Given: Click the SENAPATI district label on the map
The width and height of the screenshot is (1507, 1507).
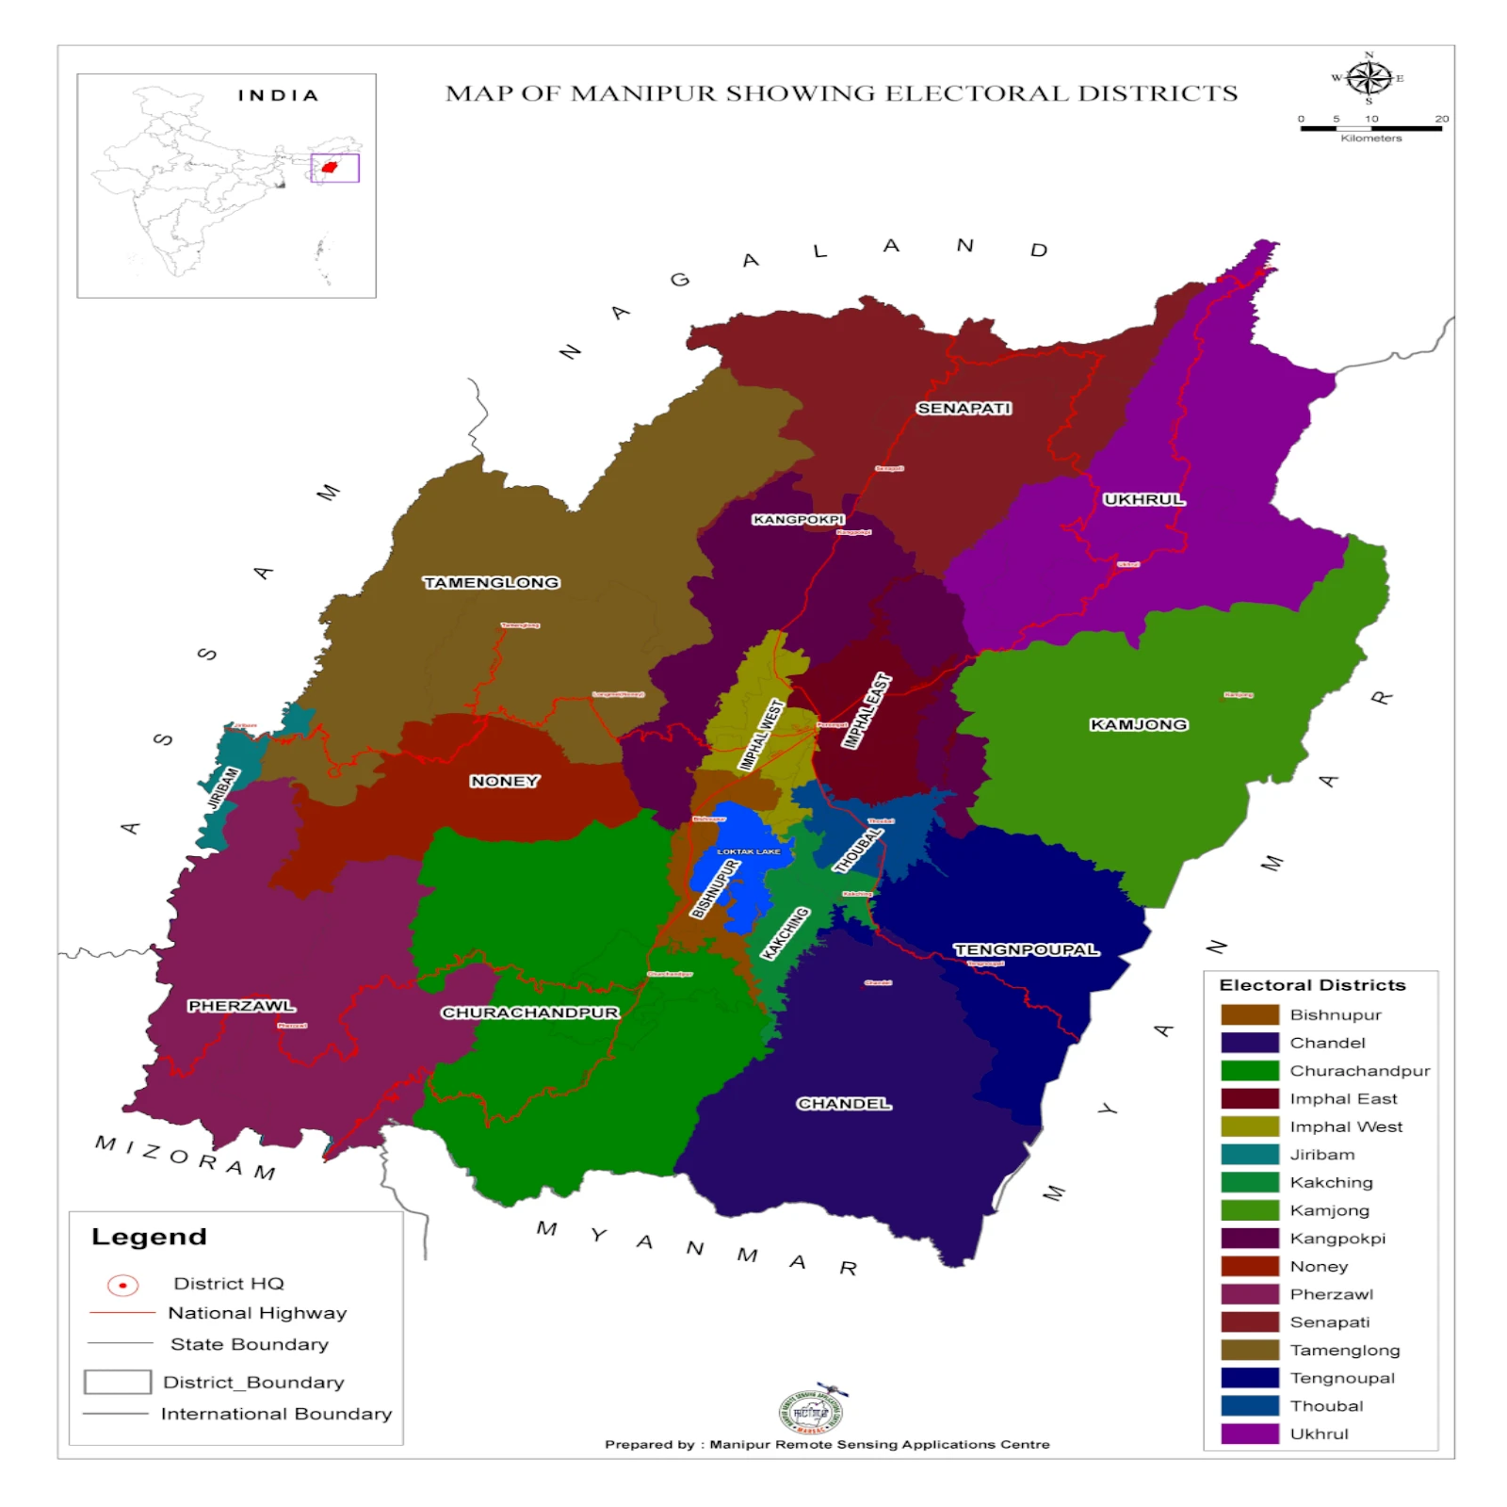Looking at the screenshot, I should click(964, 408).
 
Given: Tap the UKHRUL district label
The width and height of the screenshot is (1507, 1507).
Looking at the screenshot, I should click(1143, 499).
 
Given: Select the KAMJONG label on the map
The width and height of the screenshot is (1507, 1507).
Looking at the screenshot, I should click(1138, 724).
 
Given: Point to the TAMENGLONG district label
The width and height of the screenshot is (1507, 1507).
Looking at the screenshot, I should click(491, 582).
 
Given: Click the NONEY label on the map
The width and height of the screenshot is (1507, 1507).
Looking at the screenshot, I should click(504, 781).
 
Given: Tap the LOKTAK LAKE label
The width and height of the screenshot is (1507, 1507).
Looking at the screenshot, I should click(748, 851).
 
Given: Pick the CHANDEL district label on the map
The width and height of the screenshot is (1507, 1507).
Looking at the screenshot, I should click(843, 1103).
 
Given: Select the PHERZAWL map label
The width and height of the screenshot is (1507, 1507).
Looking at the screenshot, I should click(241, 1006).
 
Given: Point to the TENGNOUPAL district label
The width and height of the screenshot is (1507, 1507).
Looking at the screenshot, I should click(1026, 949).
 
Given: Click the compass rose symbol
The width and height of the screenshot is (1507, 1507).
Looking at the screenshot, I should click(1369, 78).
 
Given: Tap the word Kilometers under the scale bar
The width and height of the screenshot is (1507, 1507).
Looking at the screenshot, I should click(1370, 138).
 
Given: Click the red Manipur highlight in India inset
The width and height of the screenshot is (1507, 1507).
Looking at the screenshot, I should click(329, 168).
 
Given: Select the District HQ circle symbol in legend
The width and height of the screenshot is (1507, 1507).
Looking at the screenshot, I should click(122, 1285).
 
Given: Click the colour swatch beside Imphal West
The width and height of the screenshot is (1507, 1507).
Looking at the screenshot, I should click(1249, 1126).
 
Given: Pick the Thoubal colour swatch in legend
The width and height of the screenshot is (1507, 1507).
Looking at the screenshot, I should click(1249, 1405).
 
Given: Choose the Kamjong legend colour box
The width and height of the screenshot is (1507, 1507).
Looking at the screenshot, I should click(1249, 1210).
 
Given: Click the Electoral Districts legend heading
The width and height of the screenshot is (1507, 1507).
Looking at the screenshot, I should click(1312, 985).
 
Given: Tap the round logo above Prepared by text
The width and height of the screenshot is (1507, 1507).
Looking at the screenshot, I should click(810, 1412).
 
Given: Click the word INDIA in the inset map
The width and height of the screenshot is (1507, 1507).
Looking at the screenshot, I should click(278, 95).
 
